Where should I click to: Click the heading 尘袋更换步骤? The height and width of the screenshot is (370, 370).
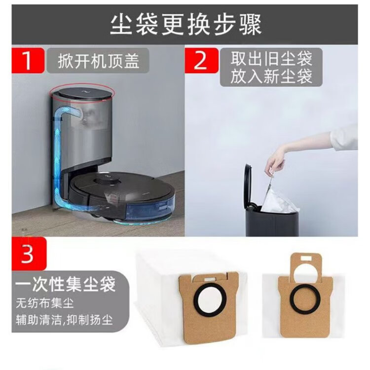pos(186,25)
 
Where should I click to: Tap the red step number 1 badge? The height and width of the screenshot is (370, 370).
pos(28,60)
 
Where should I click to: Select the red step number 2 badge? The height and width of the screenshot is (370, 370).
pos(201,60)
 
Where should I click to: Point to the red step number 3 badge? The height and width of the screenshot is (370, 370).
pos(29,254)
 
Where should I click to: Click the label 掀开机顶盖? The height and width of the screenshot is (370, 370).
pos(99,61)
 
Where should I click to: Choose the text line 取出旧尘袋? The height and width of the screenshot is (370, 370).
pos(271,59)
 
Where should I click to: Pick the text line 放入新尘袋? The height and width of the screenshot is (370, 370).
pos(271,76)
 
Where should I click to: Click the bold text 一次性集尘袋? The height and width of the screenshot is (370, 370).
pos(65,284)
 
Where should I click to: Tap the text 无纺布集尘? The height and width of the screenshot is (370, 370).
pos(45,303)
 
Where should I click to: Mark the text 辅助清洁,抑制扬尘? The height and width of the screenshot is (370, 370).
pos(65,320)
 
